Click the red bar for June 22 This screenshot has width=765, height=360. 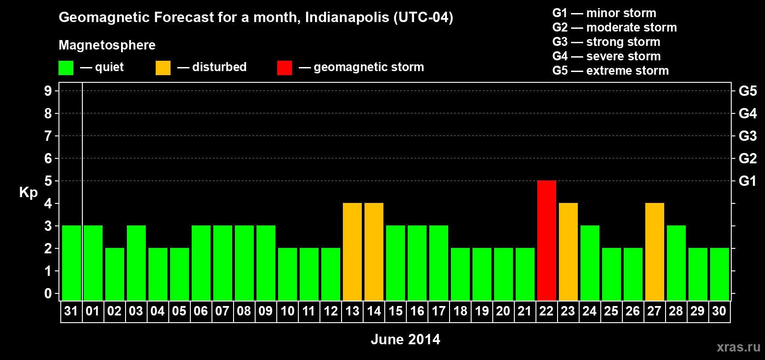(x=546, y=240)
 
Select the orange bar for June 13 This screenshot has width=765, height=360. (x=352, y=252)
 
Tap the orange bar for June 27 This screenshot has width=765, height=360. (x=654, y=252)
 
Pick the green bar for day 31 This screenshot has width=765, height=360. (x=71, y=263)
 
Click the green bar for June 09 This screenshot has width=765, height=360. (x=265, y=263)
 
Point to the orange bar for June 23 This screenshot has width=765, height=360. (x=568, y=252)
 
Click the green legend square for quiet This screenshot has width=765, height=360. (x=66, y=68)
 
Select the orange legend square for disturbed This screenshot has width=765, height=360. (x=163, y=68)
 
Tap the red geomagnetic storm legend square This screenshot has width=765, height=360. (x=284, y=68)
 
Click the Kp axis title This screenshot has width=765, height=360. (x=28, y=192)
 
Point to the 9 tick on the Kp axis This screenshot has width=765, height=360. (x=48, y=91)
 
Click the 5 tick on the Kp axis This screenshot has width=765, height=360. (x=48, y=181)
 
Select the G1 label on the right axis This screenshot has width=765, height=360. (x=747, y=181)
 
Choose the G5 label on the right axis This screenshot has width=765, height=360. (x=747, y=91)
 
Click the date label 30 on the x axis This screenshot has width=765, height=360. (x=719, y=311)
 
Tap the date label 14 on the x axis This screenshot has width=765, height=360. (x=373, y=311)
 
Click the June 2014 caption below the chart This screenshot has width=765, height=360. (x=405, y=339)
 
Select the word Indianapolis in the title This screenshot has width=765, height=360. (x=347, y=18)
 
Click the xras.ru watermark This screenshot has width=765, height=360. (x=738, y=347)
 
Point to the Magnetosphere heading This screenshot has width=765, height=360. (x=107, y=45)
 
